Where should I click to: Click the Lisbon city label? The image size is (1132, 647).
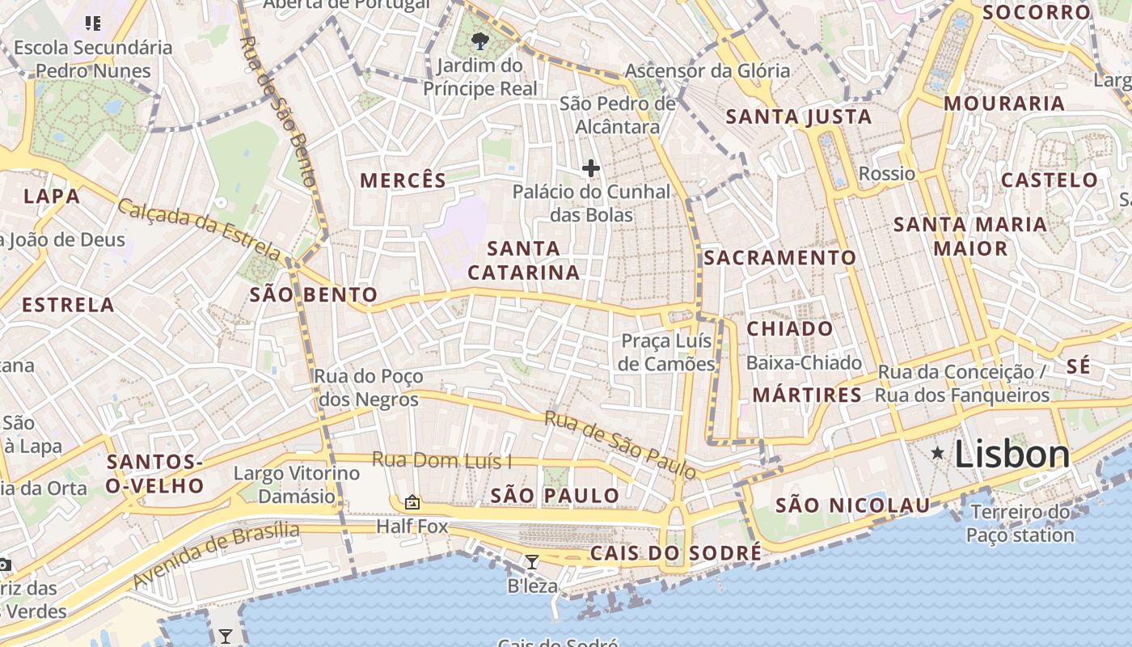click(1012, 455)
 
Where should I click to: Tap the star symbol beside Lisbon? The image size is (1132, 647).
click(937, 453)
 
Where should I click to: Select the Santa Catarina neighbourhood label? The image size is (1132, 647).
click(524, 260)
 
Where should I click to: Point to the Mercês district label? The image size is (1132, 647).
click(403, 180)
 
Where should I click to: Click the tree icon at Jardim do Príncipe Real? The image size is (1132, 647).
click(480, 40)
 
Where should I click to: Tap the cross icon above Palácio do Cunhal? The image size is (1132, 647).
click(591, 168)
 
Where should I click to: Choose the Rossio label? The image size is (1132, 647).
click(887, 174)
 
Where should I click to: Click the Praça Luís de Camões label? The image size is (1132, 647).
click(666, 353)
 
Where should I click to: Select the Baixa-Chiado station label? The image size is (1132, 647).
click(804, 363)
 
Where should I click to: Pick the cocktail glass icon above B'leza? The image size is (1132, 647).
click(532, 562)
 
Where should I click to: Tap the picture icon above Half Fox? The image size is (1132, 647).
click(412, 502)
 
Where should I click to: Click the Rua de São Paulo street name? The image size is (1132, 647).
click(620, 444)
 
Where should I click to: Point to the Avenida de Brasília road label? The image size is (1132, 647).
click(216, 556)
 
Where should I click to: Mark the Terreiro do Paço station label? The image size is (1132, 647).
click(1020, 523)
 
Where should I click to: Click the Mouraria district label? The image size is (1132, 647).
click(1004, 104)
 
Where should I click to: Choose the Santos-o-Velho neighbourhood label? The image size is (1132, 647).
click(155, 474)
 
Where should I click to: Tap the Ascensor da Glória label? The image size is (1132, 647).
click(707, 71)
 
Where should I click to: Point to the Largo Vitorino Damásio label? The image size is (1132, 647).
click(296, 484)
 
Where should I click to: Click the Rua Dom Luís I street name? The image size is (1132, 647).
click(441, 461)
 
